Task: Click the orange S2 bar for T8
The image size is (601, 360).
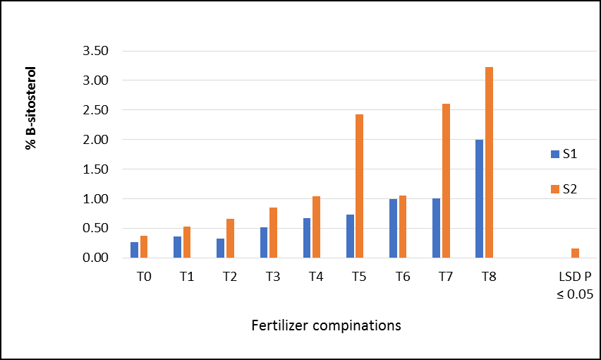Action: coord(489,162)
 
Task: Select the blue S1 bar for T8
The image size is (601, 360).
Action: coord(479,198)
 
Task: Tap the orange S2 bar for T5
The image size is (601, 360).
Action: coord(360,186)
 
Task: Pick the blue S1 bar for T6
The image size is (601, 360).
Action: coord(393,228)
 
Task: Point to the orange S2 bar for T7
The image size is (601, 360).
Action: coord(446,181)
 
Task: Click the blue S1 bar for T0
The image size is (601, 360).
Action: coord(134,250)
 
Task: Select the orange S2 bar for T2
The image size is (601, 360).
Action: coord(230,238)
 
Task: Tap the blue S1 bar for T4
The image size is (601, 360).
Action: coord(307,238)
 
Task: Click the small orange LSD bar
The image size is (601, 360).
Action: coord(576,253)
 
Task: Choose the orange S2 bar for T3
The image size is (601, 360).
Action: coord(273,233)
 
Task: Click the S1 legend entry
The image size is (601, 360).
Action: coord(564,154)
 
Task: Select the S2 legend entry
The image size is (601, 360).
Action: coord(564,189)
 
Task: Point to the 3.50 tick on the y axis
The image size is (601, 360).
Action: coord(96,51)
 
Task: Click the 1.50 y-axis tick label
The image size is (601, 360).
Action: coord(96,169)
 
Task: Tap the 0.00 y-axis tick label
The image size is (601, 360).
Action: coord(96,258)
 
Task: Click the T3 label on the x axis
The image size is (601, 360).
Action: coord(273,277)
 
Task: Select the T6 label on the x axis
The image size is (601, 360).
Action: coord(403,277)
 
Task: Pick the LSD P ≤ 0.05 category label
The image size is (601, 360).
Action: coord(575,285)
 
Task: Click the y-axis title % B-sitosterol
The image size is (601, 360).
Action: coord(30,108)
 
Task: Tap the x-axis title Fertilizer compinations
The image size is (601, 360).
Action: coord(326,325)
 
